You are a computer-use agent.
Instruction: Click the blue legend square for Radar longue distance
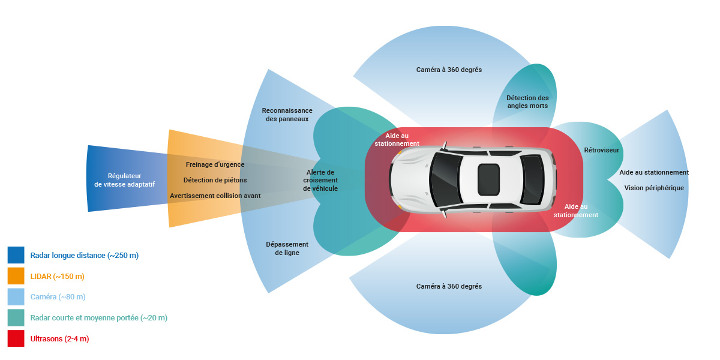pyautogui.click(x=16, y=255)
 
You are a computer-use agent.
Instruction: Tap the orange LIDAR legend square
pyautogui.click(x=16, y=276)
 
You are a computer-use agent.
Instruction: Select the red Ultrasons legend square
pyautogui.click(x=16, y=338)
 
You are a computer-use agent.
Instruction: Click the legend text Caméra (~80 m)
pyautogui.click(x=58, y=296)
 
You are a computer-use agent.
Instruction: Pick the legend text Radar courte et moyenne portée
pyautogui.click(x=85, y=317)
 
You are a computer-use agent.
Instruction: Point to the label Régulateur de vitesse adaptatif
pyautogui.click(x=124, y=180)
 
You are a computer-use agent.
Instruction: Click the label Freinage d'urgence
pyautogui.click(x=215, y=164)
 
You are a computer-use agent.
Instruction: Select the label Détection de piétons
pyautogui.click(x=215, y=180)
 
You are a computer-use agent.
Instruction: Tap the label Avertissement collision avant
pyautogui.click(x=215, y=196)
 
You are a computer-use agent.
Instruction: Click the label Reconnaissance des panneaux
pyautogui.click(x=287, y=115)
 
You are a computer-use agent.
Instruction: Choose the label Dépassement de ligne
pyautogui.click(x=287, y=248)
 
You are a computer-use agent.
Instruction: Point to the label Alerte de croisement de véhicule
pyautogui.click(x=320, y=181)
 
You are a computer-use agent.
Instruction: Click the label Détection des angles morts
pyautogui.click(x=527, y=101)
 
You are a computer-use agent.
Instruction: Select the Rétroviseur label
pyautogui.click(x=601, y=150)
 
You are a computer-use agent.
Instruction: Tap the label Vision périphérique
pyautogui.click(x=654, y=188)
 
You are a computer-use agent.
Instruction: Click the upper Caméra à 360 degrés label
pyautogui.click(x=449, y=70)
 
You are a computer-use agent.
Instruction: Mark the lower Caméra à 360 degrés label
pyautogui.click(x=449, y=286)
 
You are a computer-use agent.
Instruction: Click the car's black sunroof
pyautogui.click(x=488, y=179)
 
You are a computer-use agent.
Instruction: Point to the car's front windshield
pyautogui.click(x=445, y=179)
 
